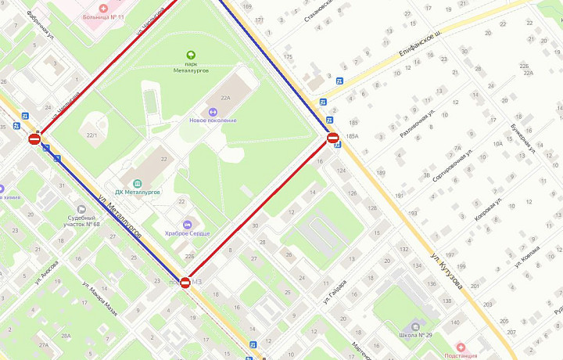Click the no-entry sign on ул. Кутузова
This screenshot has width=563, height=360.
(332, 139)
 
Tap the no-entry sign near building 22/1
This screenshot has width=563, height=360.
(34, 139)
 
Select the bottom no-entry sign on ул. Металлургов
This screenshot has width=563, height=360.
(185, 283)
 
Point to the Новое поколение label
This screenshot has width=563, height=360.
(213, 120)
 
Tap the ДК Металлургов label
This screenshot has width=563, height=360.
(138, 192)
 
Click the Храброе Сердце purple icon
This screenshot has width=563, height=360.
(187, 225)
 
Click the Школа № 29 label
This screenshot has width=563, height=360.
(414, 335)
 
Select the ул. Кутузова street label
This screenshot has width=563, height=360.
(446, 270)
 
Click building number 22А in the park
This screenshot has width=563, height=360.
(226, 98)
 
